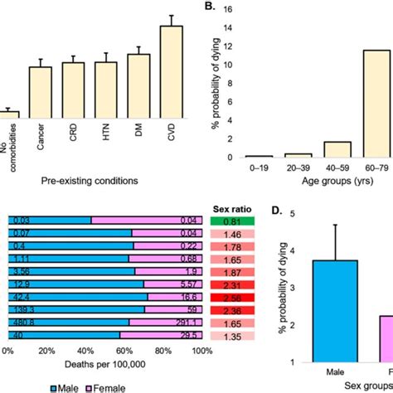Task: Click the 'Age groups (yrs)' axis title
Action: [x=314, y=179]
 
